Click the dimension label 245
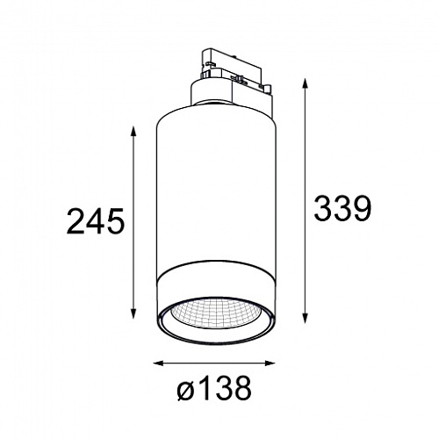[96, 221]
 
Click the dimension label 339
[342, 208]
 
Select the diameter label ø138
[214, 388]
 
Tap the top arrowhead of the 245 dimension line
[133, 131]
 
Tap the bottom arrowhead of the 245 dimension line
[133, 313]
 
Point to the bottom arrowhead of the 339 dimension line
[306, 318]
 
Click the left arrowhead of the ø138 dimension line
[159, 363]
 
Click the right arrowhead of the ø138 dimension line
[270, 363]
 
